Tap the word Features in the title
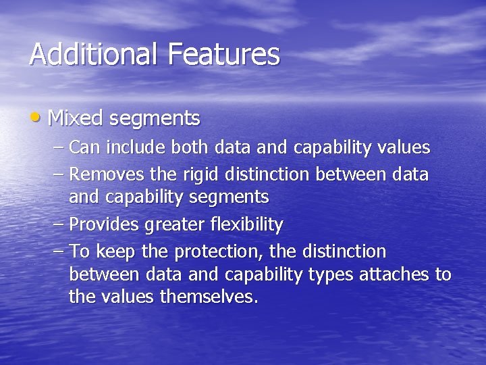(x=225, y=54)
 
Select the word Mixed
(x=75, y=119)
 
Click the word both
(x=191, y=147)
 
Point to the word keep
(x=115, y=253)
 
